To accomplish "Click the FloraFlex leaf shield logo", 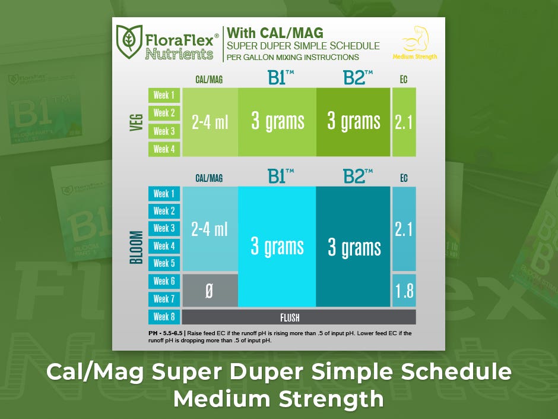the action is [129, 42].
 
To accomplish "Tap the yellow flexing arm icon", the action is [416, 39].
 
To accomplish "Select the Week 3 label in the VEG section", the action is [164, 131].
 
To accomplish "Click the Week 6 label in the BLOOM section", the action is [164, 281].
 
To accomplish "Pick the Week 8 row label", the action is [164, 317].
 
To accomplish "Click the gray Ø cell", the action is [210, 291].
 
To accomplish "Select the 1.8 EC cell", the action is [404, 291].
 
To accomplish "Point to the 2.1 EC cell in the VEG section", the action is [404, 122].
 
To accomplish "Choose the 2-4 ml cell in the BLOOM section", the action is [210, 229].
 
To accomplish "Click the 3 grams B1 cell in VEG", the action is [277, 122].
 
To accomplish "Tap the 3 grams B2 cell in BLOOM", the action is [353, 247].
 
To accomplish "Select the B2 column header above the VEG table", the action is [357, 78].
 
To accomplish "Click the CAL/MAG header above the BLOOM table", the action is [209, 178].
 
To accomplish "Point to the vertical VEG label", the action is [137, 122].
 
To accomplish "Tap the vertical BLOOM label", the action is [137, 247].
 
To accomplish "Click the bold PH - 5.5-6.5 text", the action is [166, 333].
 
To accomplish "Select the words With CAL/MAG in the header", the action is [275, 33].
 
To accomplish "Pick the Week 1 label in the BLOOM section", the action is [164, 194].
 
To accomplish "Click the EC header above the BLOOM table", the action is [404, 178].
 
